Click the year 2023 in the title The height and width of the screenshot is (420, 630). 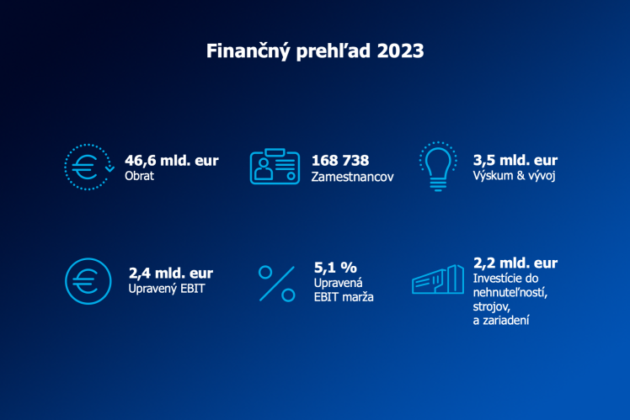[401, 51]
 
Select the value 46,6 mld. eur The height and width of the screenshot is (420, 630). [171, 160]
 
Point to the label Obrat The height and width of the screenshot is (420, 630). [140, 177]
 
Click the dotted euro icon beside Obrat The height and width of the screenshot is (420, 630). [88, 167]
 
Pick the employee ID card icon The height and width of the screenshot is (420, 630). [275, 167]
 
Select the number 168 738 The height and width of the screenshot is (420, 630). [340, 160]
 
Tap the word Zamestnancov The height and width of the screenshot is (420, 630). [352, 178]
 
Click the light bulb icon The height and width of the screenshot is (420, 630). [436, 166]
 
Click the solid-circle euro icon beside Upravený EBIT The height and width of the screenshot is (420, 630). [87, 281]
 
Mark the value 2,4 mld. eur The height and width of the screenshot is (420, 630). [171, 273]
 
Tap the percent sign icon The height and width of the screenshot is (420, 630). [277, 283]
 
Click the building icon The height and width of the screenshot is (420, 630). [438, 279]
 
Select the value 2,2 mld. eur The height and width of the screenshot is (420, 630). [515, 263]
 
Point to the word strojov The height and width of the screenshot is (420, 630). [494, 306]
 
